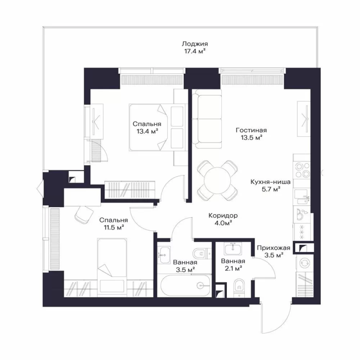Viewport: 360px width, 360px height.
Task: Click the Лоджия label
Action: tap(195, 44)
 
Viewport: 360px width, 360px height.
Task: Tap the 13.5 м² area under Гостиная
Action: tap(252, 138)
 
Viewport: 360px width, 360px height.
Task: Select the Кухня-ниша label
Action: tap(270, 182)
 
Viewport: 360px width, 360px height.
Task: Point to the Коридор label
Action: tap(223, 216)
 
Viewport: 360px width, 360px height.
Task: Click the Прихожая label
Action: tap(274, 248)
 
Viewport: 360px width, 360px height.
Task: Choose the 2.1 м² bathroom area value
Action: tap(233, 268)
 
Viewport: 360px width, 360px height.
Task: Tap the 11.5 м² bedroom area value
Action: tap(114, 228)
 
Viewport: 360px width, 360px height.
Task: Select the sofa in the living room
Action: tap(207, 119)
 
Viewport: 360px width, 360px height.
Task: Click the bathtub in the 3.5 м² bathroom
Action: tap(185, 285)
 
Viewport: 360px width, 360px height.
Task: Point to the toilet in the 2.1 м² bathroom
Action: tap(239, 288)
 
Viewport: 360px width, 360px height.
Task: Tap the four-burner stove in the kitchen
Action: tap(302, 170)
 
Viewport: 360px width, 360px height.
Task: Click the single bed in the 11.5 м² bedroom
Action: tap(112, 267)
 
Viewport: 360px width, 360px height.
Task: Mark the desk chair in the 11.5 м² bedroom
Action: tap(84, 215)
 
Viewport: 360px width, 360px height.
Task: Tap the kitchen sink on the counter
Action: tap(302, 197)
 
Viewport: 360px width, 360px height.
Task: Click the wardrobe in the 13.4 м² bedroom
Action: tap(130, 189)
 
